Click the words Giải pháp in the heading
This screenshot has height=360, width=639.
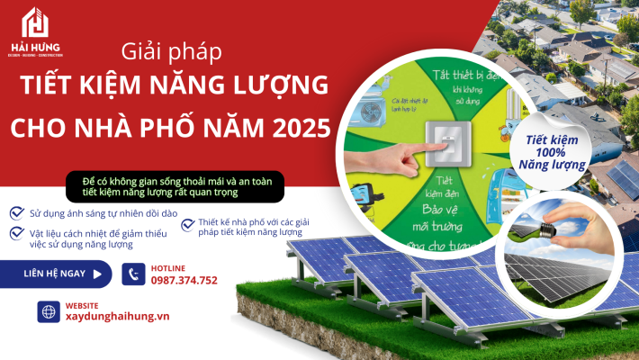(169, 51)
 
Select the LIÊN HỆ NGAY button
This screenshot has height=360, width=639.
(56, 273)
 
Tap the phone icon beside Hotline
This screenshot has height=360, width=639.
(134, 274)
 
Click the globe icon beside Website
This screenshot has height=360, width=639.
(49, 311)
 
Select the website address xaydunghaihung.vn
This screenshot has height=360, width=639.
(118, 317)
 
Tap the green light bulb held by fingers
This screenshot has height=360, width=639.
(531, 229)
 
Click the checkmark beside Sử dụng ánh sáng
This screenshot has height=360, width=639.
(16, 213)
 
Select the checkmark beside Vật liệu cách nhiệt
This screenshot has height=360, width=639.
(16, 232)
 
